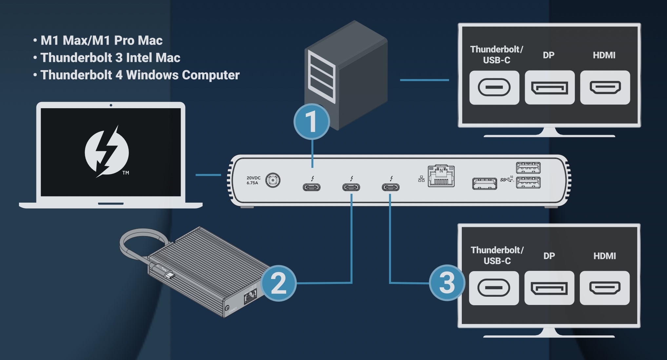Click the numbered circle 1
(x=311, y=122)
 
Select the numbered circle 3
(x=447, y=283)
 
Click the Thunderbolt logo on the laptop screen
(x=107, y=151)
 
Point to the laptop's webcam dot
(x=111, y=105)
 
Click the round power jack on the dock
(x=273, y=180)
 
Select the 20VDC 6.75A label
(x=253, y=180)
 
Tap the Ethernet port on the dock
(x=441, y=177)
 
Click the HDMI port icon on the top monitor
(x=605, y=88)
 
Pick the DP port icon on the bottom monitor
(x=549, y=288)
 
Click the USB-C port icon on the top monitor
(x=494, y=88)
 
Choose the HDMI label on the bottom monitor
(x=604, y=256)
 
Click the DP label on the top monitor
(x=549, y=55)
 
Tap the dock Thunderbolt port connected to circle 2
(x=351, y=187)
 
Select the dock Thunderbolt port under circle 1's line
(x=311, y=187)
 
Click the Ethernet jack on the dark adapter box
(x=250, y=297)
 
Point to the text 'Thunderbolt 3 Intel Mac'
(x=110, y=58)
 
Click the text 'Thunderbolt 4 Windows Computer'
(x=140, y=75)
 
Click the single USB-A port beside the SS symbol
(x=484, y=184)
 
